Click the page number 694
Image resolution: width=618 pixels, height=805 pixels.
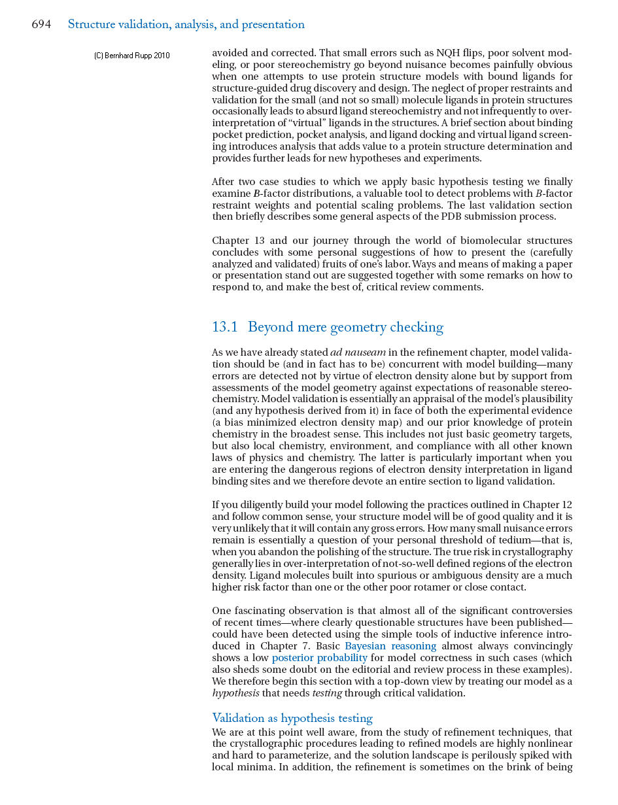click(41, 25)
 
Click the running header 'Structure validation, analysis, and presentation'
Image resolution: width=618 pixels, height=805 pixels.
click(186, 25)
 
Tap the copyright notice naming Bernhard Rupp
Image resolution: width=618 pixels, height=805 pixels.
click(132, 56)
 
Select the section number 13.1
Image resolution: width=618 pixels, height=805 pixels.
click(225, 327)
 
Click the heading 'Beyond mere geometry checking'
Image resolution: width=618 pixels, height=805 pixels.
click(345, 327)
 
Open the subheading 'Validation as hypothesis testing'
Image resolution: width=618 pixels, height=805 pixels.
click(292, 718)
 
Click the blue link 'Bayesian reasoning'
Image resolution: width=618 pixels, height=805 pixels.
click(390, 646)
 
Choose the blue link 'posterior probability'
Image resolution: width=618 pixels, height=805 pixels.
click(319, 658)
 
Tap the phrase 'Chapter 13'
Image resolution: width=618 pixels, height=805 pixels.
click(236, 241)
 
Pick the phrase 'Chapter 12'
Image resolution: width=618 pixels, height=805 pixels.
click(549, 505)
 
